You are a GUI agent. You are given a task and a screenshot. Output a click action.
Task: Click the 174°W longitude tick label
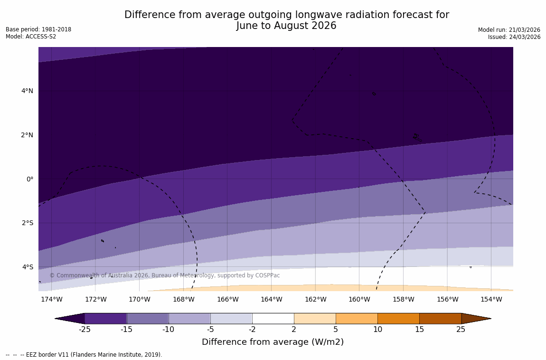pos(51,299)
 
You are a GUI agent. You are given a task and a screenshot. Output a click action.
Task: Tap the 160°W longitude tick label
pos(359,299)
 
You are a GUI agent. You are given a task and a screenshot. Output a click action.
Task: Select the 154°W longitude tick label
pos(491,299)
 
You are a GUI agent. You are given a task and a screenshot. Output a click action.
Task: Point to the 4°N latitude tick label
pos(27,91)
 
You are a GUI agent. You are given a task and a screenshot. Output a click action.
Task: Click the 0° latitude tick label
pos(29,179)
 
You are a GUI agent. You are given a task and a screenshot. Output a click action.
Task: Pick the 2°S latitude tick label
pos(27,223)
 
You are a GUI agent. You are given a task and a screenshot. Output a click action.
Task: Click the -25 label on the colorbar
pos(85,330)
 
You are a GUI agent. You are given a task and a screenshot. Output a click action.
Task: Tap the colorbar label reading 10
pos(377,330)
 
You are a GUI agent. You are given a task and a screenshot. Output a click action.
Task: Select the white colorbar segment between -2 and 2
pos(273,318)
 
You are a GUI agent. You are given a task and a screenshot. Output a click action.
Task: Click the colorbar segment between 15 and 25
pos(440,318)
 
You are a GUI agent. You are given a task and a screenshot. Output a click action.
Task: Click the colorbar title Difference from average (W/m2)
pos(273,342)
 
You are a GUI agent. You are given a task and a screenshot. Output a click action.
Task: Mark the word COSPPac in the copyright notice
pos(268,275)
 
